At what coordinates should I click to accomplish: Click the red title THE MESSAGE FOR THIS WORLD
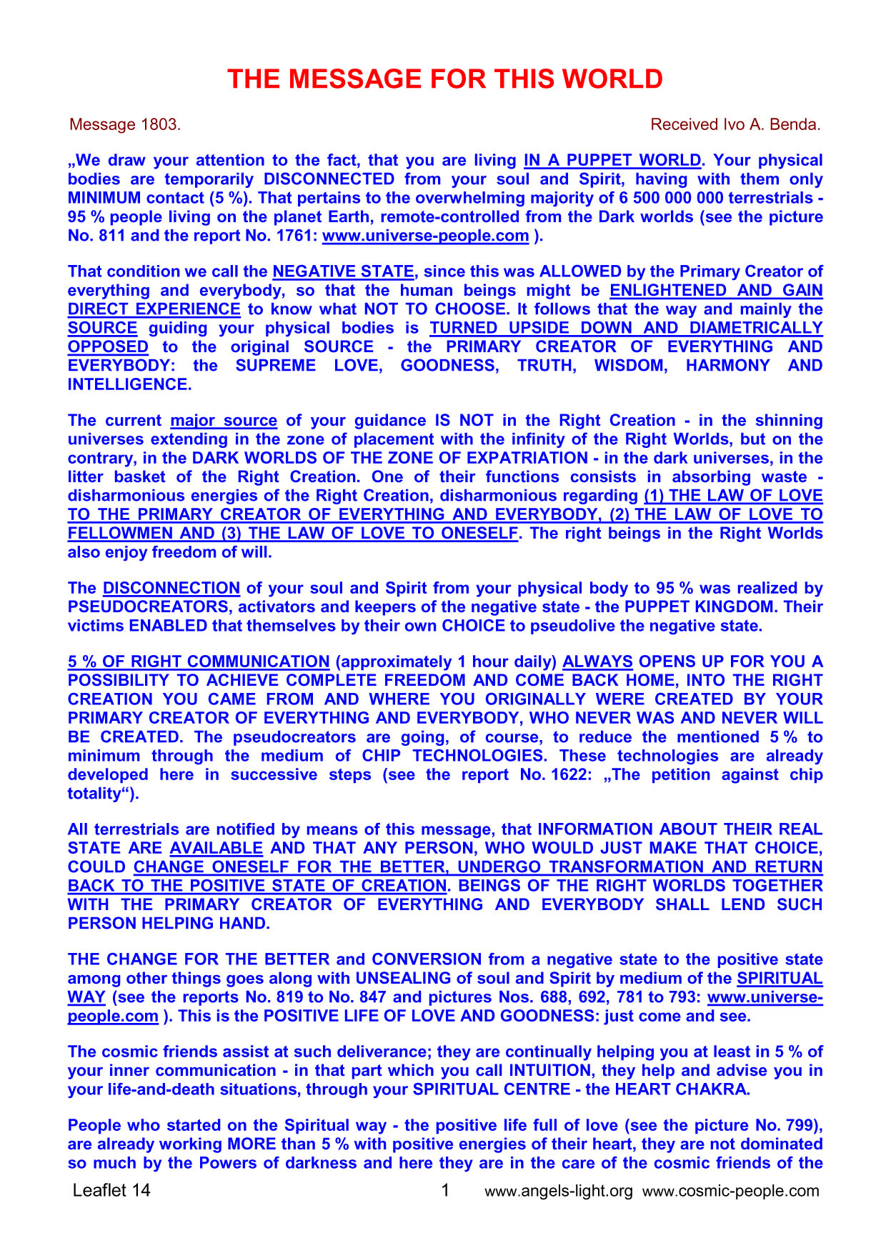click(444, 79)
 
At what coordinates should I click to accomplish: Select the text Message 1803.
click(125, 124)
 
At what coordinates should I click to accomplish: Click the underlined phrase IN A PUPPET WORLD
click(612, 160)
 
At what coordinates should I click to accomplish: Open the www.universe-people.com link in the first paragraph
click(425, 236)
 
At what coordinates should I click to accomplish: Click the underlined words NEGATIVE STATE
click(344, 271)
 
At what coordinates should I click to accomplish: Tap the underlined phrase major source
click(224, 421)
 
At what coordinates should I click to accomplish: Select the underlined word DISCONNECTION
click(171, 589)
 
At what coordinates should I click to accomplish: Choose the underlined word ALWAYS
click(597, 662)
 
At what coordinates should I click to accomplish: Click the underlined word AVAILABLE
click(216, 848)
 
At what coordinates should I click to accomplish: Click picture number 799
click(802, 1126)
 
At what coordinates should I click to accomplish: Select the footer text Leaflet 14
click(111, 1190)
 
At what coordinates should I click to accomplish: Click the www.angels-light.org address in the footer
click(558, 1191)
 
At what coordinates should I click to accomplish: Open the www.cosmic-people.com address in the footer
click(730, 1191)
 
